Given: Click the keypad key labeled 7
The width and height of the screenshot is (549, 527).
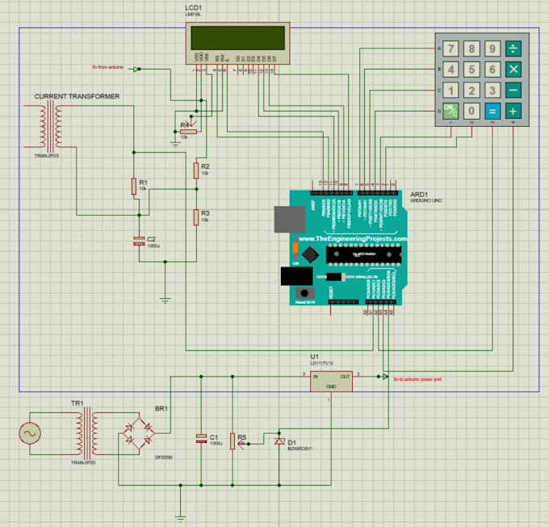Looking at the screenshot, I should tap(451, 48).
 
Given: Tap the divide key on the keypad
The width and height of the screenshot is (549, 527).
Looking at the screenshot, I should tap(512, 48).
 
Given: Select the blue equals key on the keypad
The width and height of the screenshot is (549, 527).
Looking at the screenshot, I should tap(492, 111).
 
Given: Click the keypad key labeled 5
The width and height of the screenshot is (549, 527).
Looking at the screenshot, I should tap(471, 70).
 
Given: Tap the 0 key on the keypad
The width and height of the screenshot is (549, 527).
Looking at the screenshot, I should tap(471, 111).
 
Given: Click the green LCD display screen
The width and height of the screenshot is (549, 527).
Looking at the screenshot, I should tap(237, 38).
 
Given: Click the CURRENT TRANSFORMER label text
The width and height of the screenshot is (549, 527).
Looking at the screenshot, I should tap(77, 96).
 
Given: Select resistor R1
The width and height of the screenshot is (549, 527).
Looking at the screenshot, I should tap(134, 187).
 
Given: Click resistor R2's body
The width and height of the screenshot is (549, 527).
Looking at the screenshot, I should tap(195, 170).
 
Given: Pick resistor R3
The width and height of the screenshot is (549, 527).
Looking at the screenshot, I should tap(195, 216).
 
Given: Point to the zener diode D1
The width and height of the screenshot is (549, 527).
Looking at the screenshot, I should tap(279, 441).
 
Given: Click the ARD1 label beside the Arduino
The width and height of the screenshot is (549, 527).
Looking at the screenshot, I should tap(419, 195).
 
